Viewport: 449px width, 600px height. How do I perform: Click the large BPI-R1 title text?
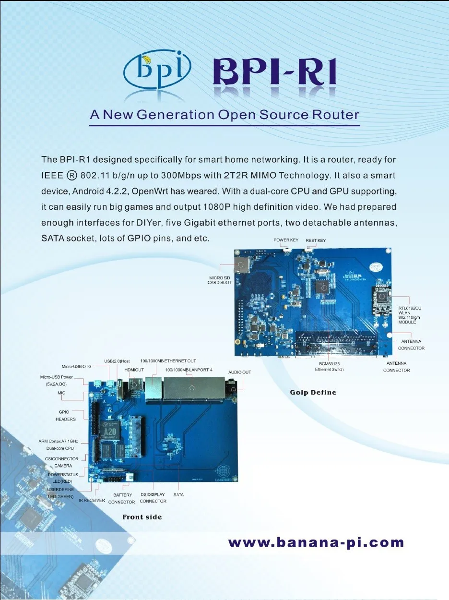pyautogui.click(x=274, y=73)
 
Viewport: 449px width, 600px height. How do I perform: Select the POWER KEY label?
pyautogui.click(x=286, y=240)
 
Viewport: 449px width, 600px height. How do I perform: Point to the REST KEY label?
pyautogui.click(x=316, y=240)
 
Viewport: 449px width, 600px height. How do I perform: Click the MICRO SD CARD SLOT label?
pyautogui.click(x=220, y=280)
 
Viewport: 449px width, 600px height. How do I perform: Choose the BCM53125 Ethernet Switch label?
pyautogui.click(x=329, y=366)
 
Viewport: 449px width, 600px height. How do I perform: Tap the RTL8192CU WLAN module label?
pyautogui.click(x=410, y=315)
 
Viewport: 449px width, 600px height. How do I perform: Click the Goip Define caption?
pyautogui.click(x=313, y=393)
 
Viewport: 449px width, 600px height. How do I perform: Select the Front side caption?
pyautogui.click(x=142, y=517)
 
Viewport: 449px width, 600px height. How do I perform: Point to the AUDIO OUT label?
pyautogui.click(x=239, y=372)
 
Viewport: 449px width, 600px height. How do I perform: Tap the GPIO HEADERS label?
pyautogui.click(x=66, y=416)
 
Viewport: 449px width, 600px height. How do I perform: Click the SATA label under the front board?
pyautogui.click(x=178, y=494)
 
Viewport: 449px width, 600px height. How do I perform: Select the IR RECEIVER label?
pyautogui.click(x=92, y=500)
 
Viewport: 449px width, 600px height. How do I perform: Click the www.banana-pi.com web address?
pyautogui.click(x=316, y=543)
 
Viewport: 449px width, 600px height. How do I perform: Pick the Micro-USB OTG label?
pyautogui.click(x=77, y=366)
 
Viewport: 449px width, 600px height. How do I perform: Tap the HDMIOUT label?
pyautogui.click(x=134, y=370)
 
